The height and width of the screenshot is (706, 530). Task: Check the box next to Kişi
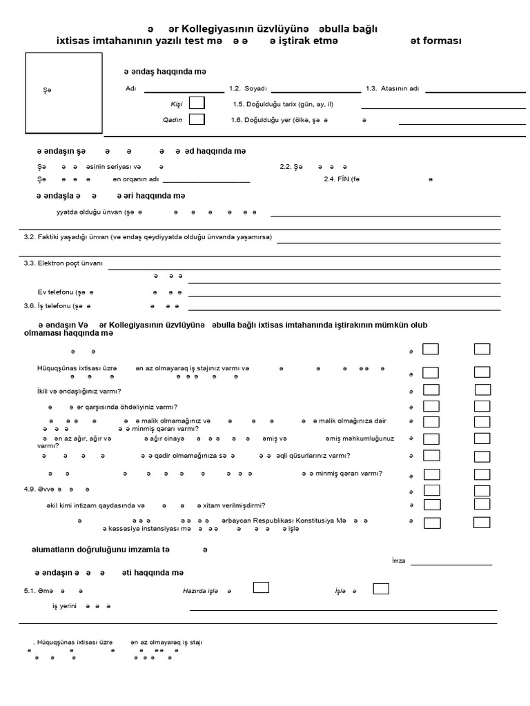click(197, 103)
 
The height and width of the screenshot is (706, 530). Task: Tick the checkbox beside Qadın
click(197, 119)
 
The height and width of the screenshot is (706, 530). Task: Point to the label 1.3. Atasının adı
click(392, 88)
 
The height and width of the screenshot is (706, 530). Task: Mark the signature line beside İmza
click(451, 565)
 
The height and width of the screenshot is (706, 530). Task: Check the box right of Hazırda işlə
click(261, 587)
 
